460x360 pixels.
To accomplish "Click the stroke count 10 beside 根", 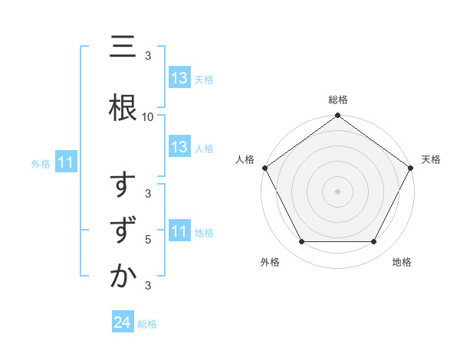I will (148, 116).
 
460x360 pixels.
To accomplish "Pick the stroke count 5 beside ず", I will (148, 239).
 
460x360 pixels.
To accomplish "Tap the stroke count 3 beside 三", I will (148, 56).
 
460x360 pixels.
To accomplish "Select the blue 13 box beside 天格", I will (179, 79).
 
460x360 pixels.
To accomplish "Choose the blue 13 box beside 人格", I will (179, 148).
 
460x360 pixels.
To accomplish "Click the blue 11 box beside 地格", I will (179, 232).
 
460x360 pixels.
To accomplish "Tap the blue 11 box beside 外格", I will (66, 163).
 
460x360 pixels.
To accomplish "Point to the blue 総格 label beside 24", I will (147, 324).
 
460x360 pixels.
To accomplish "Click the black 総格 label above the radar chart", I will (338, 100).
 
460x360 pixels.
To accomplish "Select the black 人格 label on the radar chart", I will (245, 159).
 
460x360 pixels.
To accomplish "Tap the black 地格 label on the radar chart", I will (402, 262).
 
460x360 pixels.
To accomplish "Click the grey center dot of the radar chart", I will (337, 191).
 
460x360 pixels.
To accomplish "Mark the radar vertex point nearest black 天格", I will (411, 167).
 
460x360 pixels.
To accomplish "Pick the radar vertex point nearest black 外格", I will (301, 242).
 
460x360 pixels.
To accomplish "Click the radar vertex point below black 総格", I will (337, 116).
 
